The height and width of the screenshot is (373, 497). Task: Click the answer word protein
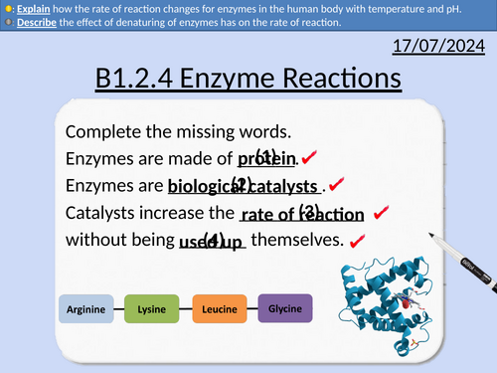click(267, 159)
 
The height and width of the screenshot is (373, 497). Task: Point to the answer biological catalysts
click(245, 186)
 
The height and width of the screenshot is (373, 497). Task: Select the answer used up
click(211, 240)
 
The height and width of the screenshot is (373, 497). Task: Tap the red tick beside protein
click(309, 157)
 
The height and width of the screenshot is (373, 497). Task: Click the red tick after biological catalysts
click(336, 184)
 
